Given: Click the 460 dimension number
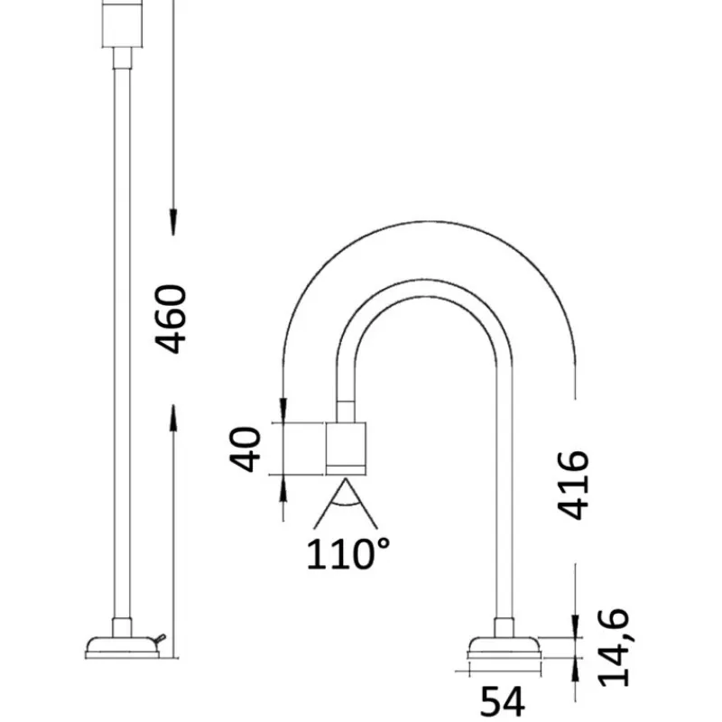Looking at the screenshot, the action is tap(171, 319).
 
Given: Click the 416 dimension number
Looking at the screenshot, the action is tap(573, 486).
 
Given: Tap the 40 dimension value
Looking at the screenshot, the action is tap(245, 449).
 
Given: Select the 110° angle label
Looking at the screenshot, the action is tap(347, 554).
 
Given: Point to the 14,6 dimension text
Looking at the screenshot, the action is tap(613, 647).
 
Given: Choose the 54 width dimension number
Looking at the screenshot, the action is tap(503, 701).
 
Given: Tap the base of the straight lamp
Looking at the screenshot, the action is tap(123, 647).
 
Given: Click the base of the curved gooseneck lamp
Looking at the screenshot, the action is tap(504, 648).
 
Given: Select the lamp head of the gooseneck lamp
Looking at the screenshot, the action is tap(346, 449).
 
